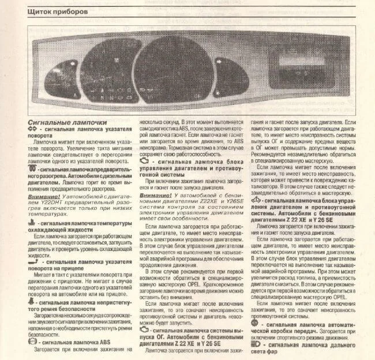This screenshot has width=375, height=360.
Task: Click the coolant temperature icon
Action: point(32,222)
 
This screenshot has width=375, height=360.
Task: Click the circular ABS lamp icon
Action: point(32,342)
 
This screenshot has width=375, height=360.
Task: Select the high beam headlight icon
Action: point(256,344)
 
